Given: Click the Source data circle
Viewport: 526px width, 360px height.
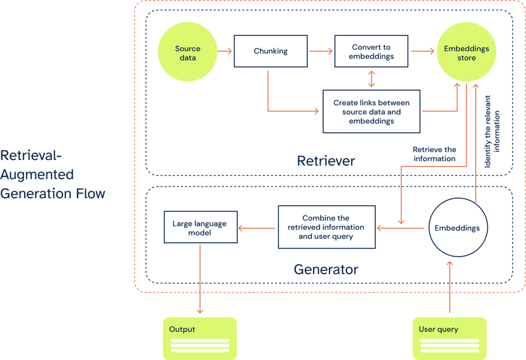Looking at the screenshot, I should [188, 53].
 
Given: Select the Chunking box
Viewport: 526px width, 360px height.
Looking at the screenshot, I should [271, 51].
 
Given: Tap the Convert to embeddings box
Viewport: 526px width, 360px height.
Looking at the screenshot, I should [371, 52].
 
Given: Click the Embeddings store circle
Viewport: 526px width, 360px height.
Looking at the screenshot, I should [467, 53].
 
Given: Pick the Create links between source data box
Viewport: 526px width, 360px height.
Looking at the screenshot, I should [371, 111].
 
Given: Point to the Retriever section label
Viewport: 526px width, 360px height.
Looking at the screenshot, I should [326, 161].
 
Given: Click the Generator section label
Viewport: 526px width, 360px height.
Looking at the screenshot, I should [326, 269].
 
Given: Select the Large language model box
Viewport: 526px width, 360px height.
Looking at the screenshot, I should [200, 228].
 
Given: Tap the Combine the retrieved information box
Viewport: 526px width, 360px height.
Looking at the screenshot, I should [326, 227].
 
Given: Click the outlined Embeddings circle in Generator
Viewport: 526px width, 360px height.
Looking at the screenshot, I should [457, 228].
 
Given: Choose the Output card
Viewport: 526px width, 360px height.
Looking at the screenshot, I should [199, 338].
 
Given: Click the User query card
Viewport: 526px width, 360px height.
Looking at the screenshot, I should [450, 338].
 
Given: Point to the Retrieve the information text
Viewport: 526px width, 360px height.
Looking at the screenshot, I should [434, 154].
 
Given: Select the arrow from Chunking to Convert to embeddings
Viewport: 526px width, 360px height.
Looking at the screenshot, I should [321, 52].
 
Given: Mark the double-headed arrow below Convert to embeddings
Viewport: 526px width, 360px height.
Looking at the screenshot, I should [371, 79].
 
